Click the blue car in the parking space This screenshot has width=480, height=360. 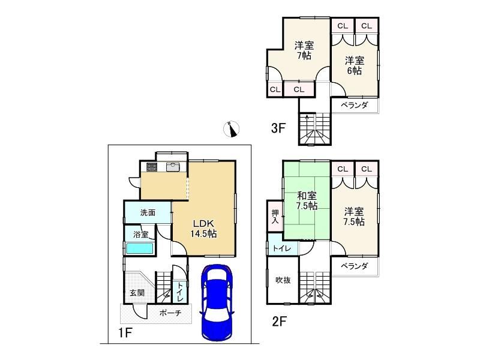[x=217, y=302]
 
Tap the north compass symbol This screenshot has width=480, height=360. [x=232, y=129]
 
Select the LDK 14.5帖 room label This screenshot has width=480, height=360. [x=203, y=229]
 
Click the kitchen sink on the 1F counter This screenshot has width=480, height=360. [x=173, y=167]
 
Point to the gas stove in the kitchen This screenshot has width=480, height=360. [x=152, y=167]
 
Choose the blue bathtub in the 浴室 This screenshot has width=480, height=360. [x=140, y=248]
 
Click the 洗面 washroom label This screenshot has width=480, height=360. [x=148, y=212]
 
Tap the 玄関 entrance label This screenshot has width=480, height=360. [x=137, y=293]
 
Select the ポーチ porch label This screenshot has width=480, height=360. [x=170, y=313]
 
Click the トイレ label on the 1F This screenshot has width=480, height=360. [x=179, y=292]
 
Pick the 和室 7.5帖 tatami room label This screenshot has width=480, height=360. [x=307, y=200]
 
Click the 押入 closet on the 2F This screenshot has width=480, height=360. [x=275, y=217]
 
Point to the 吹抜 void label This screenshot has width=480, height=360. [x=283, y=280]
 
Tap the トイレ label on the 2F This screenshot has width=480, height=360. [x=282, y=248]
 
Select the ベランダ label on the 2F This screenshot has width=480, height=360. [x=354, y=266]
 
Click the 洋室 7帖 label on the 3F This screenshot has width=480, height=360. [x=304, y=51]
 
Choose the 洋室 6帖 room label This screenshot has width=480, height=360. [x=355, y=65]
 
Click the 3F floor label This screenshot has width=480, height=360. [x=278, y=128]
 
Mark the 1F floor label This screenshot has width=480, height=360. [x=125, y=332]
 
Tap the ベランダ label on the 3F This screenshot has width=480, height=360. [x=354, y=105]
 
